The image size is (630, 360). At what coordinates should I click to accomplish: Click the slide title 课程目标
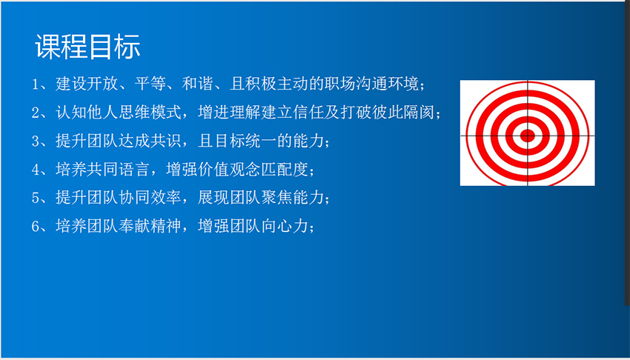click(87, 47)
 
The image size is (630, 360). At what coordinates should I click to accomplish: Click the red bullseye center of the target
click(527, 136)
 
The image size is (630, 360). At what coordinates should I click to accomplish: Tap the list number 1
click(36, 84)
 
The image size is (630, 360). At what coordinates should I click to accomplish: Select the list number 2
click(36, 113)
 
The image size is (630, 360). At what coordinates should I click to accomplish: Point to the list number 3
click(36, 141)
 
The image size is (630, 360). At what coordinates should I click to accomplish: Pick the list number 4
click(36, 170)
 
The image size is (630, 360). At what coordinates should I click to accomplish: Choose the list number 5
click(36, 198)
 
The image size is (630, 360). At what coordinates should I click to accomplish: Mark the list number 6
click(36, 227)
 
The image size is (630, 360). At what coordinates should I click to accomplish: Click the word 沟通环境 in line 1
click(388, 84)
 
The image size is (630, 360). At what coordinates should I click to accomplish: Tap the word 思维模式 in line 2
click(150, 113)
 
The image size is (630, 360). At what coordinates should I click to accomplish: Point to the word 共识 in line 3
click(165, 141)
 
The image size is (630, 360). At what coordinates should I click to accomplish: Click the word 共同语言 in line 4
click(118, 170)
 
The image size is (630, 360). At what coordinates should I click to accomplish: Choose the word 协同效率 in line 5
click(150, 198)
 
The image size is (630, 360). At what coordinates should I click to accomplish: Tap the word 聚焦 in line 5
click(276, 198)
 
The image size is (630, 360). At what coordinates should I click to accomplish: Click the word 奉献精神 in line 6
click(150, 226)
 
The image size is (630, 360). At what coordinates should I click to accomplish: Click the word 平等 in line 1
click(150, 84)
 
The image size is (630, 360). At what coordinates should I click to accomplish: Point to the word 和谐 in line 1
click(197, 84)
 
